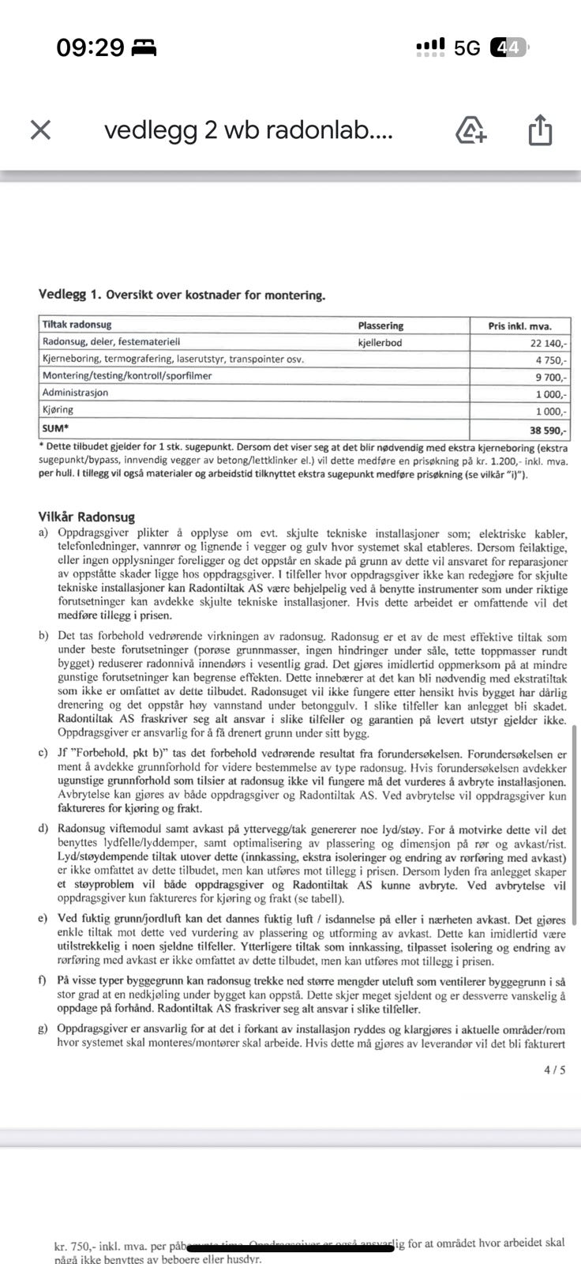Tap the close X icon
40,130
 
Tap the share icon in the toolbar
539,130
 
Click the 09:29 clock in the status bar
90,48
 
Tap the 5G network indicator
467,48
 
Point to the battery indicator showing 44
508,48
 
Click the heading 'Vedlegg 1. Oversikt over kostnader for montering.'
182,295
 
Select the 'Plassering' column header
380,325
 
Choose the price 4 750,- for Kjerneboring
551,359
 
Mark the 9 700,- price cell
551,377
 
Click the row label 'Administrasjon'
75,393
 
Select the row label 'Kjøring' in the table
58,410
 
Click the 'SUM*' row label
55,427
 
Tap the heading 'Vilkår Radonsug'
87,517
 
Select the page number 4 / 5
554,1070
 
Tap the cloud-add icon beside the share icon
471,130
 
